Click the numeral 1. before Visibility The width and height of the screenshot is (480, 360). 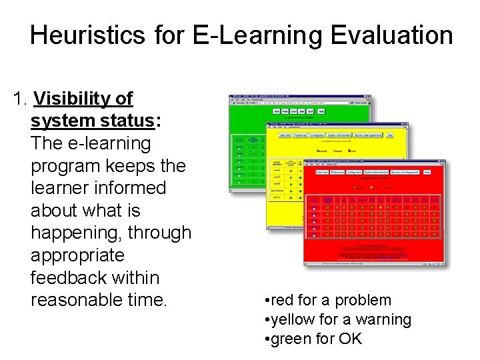(21, 99)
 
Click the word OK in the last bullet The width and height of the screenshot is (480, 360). (349, 339)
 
